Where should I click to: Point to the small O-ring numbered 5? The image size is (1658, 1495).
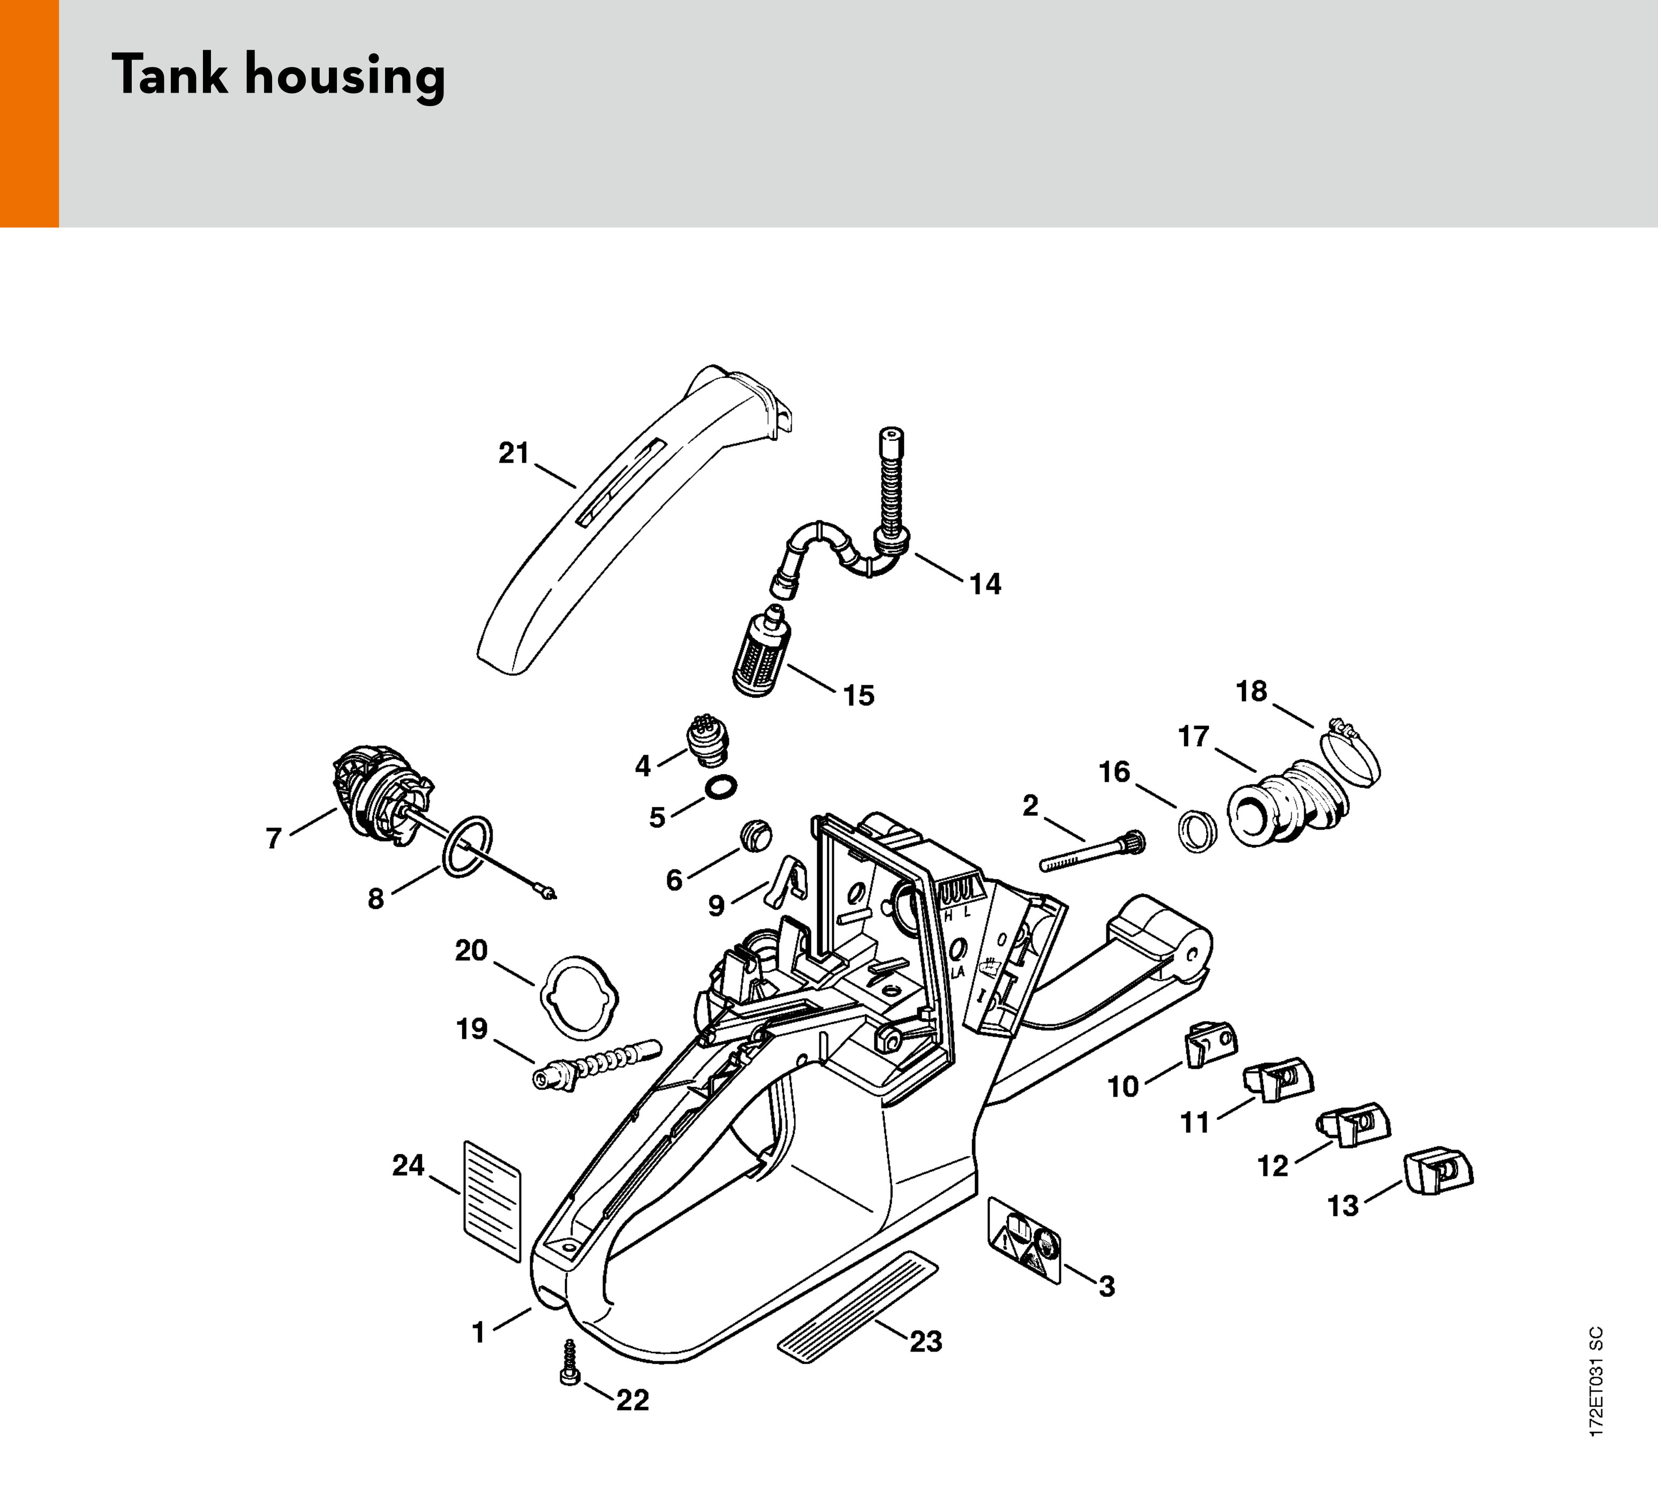[x=720, y=786]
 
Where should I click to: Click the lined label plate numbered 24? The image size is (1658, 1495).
[x=493, y=1199]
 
